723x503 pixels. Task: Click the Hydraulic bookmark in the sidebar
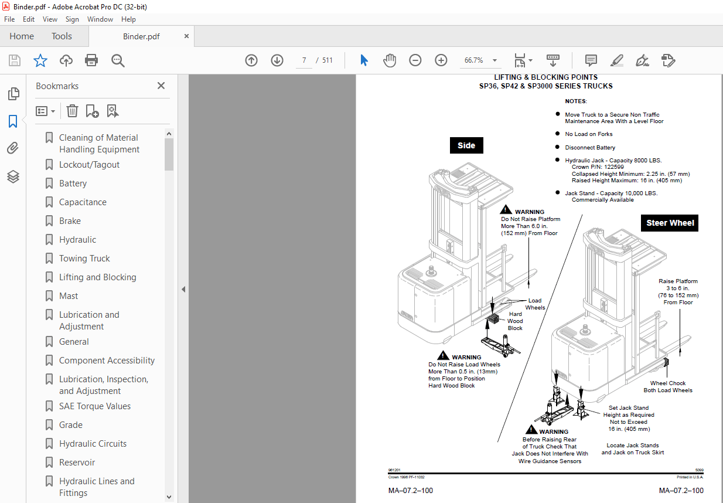coord(77,240)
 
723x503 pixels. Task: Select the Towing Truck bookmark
coord(84,259)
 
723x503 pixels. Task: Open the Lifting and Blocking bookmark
coord(97,277)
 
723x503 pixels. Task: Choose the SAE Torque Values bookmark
coord(94,406)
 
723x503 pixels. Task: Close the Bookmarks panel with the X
coord(161,86)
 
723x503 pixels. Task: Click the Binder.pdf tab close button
coord(187,36)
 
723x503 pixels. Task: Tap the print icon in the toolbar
coord(91,60)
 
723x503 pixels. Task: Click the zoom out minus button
coord(415,60)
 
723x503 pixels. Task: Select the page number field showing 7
coord(304,60)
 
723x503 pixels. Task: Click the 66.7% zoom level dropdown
coord(480,60)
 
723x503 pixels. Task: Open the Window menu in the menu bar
coord(100,19)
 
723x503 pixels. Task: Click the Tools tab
coord(62,36)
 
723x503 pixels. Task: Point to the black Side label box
coord(466,145)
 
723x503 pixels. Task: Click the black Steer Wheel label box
coord(670,223)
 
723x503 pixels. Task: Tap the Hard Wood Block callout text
coord(515,321)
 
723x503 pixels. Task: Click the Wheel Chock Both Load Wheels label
coord(668,387)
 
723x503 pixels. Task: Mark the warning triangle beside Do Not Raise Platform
coord(507,210)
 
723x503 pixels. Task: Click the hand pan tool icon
coord(390,60)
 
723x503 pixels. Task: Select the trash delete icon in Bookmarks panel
coord(72,111)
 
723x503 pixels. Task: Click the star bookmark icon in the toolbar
coord(40,60)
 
